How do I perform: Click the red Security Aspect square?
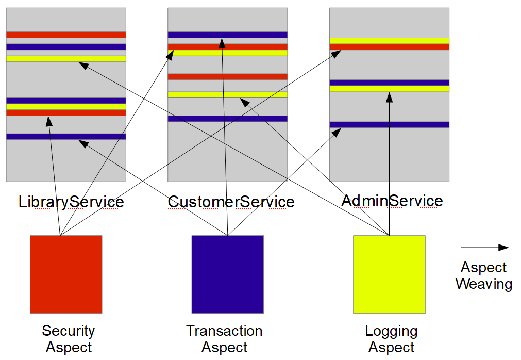[x=66, y=274]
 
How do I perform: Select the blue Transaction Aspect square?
[x=227, y=274]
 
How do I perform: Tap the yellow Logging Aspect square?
[x=389, y=274]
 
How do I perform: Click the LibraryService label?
[x=71, y=202]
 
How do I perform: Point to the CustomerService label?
[x=231, y=202]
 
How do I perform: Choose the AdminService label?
[x=392, y=200]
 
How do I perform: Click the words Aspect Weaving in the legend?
[x=483, y=275]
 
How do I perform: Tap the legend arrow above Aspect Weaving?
[x=484, y=248]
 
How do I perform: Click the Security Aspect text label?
[x=68, y=339]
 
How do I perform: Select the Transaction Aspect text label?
[x=224, y=339]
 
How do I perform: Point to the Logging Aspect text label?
[x=391, y=339]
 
